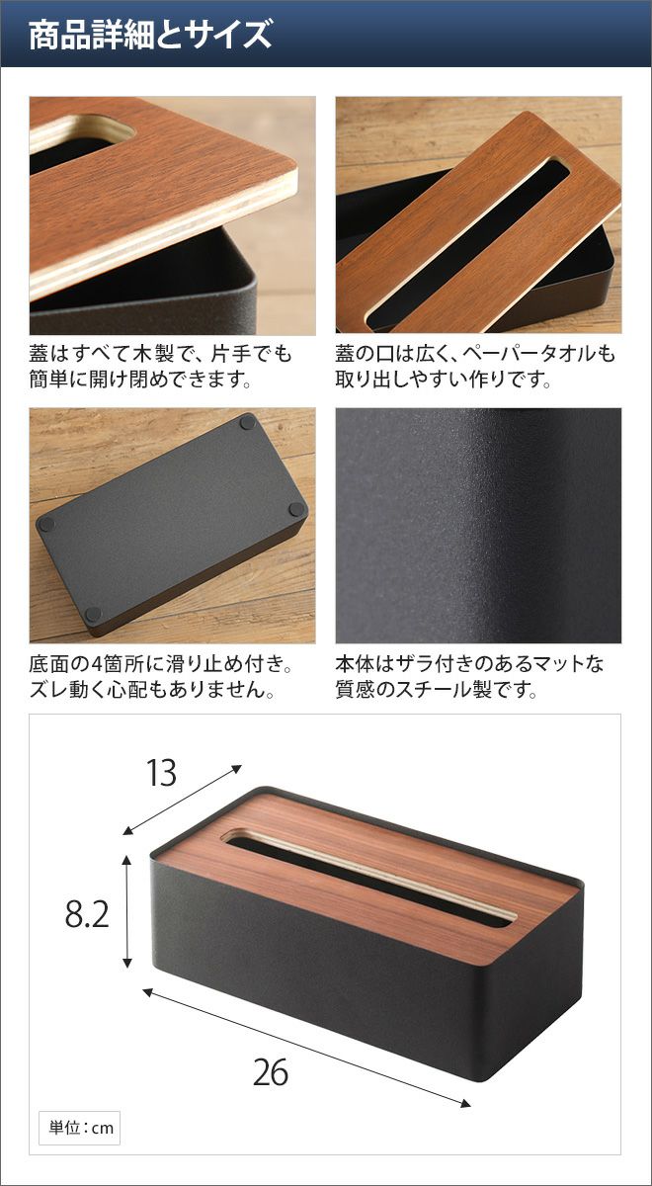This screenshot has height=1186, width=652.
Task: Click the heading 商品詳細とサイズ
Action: pyautogui.click(x=150, y=35)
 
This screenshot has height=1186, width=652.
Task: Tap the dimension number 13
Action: pyautogui.click(x=161, y=773)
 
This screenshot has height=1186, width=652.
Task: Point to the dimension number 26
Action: pyautogui.click(x=271, y=1071)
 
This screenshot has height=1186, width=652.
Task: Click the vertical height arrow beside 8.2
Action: pyautogui.click(x=126, y=910)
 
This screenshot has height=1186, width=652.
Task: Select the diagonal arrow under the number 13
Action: pyautogui.click(x=182, y=800)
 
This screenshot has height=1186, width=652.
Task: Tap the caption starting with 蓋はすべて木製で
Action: pyautogui.click(x=160, y=366)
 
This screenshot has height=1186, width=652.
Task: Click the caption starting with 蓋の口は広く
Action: pyautogui.click(x=475, y=366)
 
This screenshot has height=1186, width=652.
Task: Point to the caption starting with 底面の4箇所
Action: pyautogui.click(x=160, y=676)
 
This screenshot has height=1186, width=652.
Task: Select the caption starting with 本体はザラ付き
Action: pyautogui.click(x=469, y=676)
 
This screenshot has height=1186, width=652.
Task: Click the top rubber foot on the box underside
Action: pyautogui.click(x=247, y=422)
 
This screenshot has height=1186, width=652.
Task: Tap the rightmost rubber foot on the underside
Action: pyautogui.click(x=297, y=509)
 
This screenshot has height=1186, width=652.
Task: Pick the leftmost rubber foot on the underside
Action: pyautogui.click(x=46, y=525)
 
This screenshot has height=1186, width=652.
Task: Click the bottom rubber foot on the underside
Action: pyautogui.click(x=93, y=614)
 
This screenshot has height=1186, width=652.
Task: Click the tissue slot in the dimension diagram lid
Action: pyautogui.click(x=367, y=879)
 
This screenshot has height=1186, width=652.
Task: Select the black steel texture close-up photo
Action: pyautogui.click(x=478, y=525)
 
